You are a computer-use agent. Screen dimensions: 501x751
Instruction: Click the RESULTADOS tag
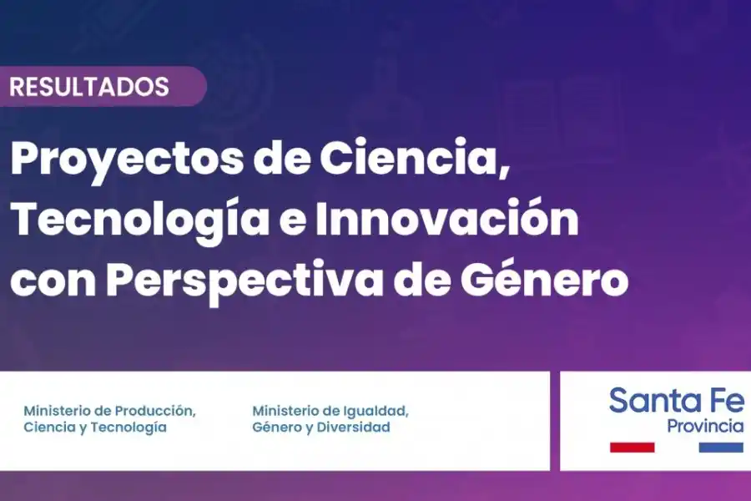[89, 86]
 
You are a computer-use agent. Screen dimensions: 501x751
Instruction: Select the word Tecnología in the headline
[140, 220]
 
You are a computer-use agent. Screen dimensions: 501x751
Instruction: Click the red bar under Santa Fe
[633, 447]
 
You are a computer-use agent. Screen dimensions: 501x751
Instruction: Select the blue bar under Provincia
[720, 447]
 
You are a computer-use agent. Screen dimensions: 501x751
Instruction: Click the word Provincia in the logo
[705, 426]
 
